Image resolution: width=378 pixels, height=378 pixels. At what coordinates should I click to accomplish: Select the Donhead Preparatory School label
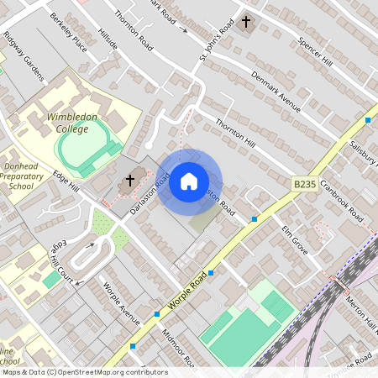(x=24, y=171)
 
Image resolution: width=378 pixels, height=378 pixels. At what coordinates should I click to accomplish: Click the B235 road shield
(x=306, y=184)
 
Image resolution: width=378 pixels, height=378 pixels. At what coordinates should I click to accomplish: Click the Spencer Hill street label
(x=315, y=53)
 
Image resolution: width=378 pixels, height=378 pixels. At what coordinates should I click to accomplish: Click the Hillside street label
(x=108, y=38)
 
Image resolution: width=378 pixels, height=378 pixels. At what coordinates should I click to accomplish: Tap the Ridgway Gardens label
(x=23, y=56)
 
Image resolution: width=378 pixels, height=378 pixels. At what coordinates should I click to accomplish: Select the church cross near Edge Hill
(x=130, y=180)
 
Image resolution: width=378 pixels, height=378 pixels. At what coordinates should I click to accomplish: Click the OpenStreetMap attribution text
(x=84, y=372)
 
